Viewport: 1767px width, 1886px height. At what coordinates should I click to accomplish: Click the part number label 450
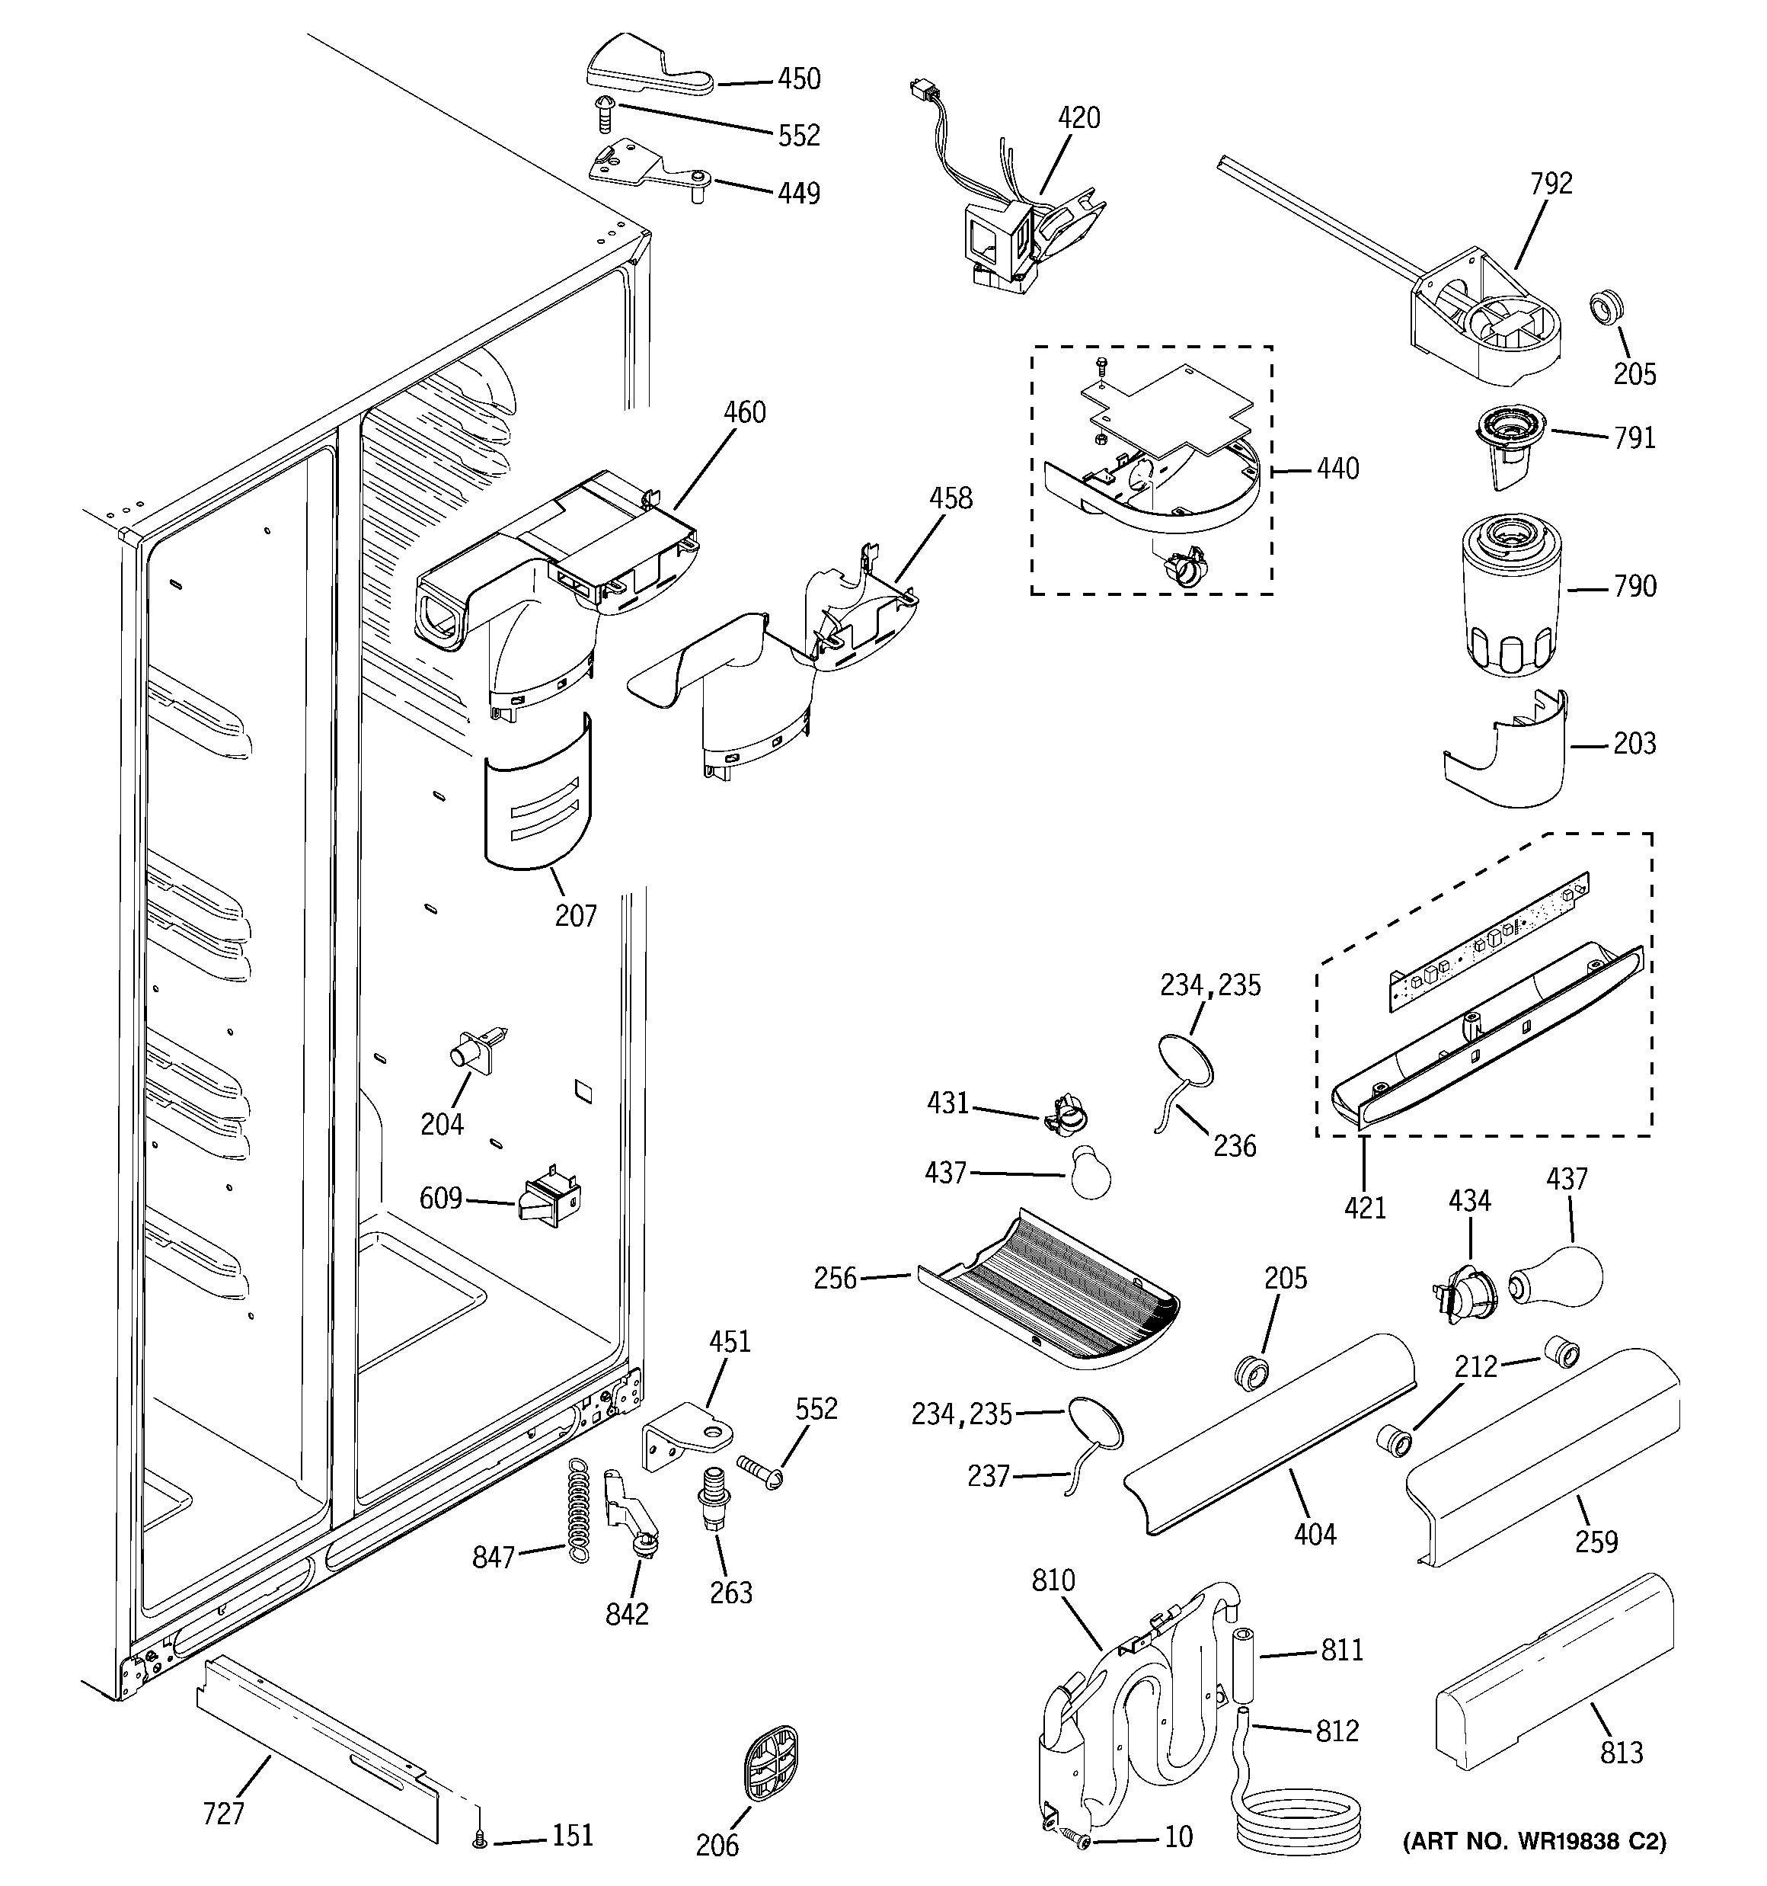pyautogui.click(x=799, y=80)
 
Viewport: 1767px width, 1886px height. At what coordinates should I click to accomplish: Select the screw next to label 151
pyautogui.click(x=480, y=1840)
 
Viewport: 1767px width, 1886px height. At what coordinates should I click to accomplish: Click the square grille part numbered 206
pyautogui.click(x=769, y=1763)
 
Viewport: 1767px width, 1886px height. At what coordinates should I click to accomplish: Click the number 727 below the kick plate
pyautogui.click(x=224, y=1814)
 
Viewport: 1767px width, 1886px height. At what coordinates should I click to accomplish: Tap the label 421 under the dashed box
pyautogui.click(x=1365, y=1208)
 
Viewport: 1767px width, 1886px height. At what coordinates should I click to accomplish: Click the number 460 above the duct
pyautogui.click(x=745, y=413)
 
